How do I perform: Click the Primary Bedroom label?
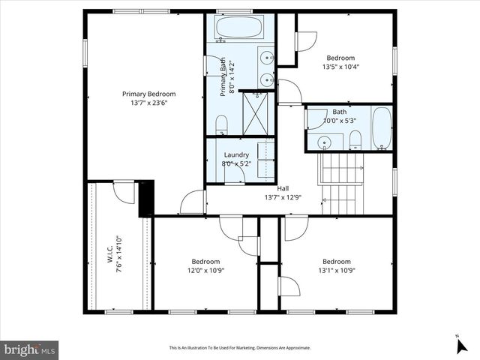tap(149, 94)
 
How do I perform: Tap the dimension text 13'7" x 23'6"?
tap(149, 103)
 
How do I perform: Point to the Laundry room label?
tap(235, 155)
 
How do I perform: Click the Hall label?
tap(283, 189)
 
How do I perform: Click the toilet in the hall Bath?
tap(355, 139)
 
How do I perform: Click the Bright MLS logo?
tap(29, 349)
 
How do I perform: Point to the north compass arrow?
tap(461, 346)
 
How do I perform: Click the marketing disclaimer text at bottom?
tap(239, 348)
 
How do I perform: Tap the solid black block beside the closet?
tap(146, 198)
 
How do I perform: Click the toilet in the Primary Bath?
tap(222, 125)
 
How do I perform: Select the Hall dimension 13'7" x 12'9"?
tap(283, 198)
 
